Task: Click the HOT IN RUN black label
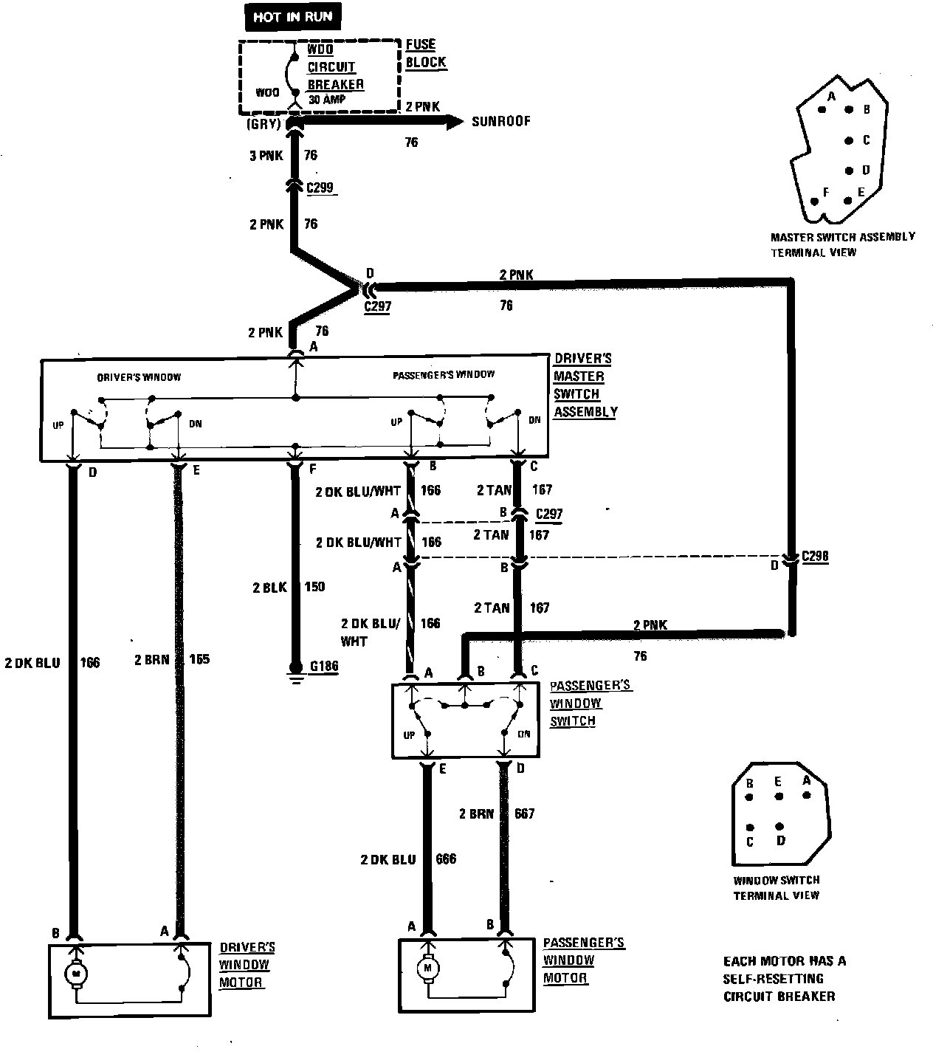[293, 17]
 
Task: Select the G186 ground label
[323, 667]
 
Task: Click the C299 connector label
[321, 188]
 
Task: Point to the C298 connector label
[814, 557]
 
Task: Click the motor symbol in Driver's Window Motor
[75, 974]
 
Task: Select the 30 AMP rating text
[326, 100]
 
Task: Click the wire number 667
[525, 813]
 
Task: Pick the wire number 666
[446, 859]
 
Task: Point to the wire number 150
[315, 587]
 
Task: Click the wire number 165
[199, 659]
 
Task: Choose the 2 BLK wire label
[268, 587]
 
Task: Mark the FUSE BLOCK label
[425, 53]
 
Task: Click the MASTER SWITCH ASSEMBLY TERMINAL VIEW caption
[842, 244]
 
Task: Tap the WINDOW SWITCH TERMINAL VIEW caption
[776, 887]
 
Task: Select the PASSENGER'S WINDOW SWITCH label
[590, 703]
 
